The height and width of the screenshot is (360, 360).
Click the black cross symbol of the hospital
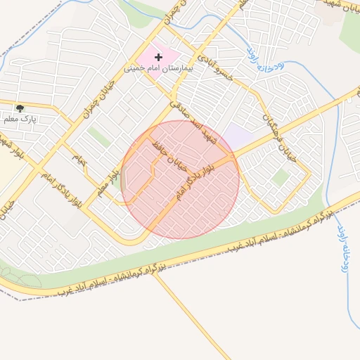[x=157, y=56]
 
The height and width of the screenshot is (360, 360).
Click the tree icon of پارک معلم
[x=20, y=108]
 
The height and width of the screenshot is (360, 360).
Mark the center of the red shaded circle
[x=180, y=179]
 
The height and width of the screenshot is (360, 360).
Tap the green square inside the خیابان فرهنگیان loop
[x=280, y=177]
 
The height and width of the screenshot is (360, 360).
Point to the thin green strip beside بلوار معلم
[x=123, y=180]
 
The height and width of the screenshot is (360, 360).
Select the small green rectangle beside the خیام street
[x=98, y=137]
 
